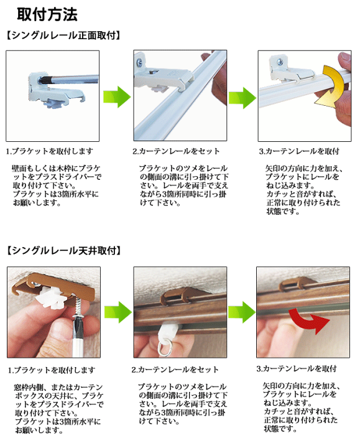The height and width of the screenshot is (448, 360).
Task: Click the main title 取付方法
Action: (x=47, y=12)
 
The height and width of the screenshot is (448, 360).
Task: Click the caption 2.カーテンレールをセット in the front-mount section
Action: (x=176, y=151)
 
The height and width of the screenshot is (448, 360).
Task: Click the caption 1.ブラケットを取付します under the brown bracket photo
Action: (x=51, y=370)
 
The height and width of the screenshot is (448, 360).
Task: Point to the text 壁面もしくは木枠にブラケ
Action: (x=56, y=169)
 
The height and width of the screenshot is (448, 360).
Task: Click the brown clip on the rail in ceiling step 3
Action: (x=292, y=286)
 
